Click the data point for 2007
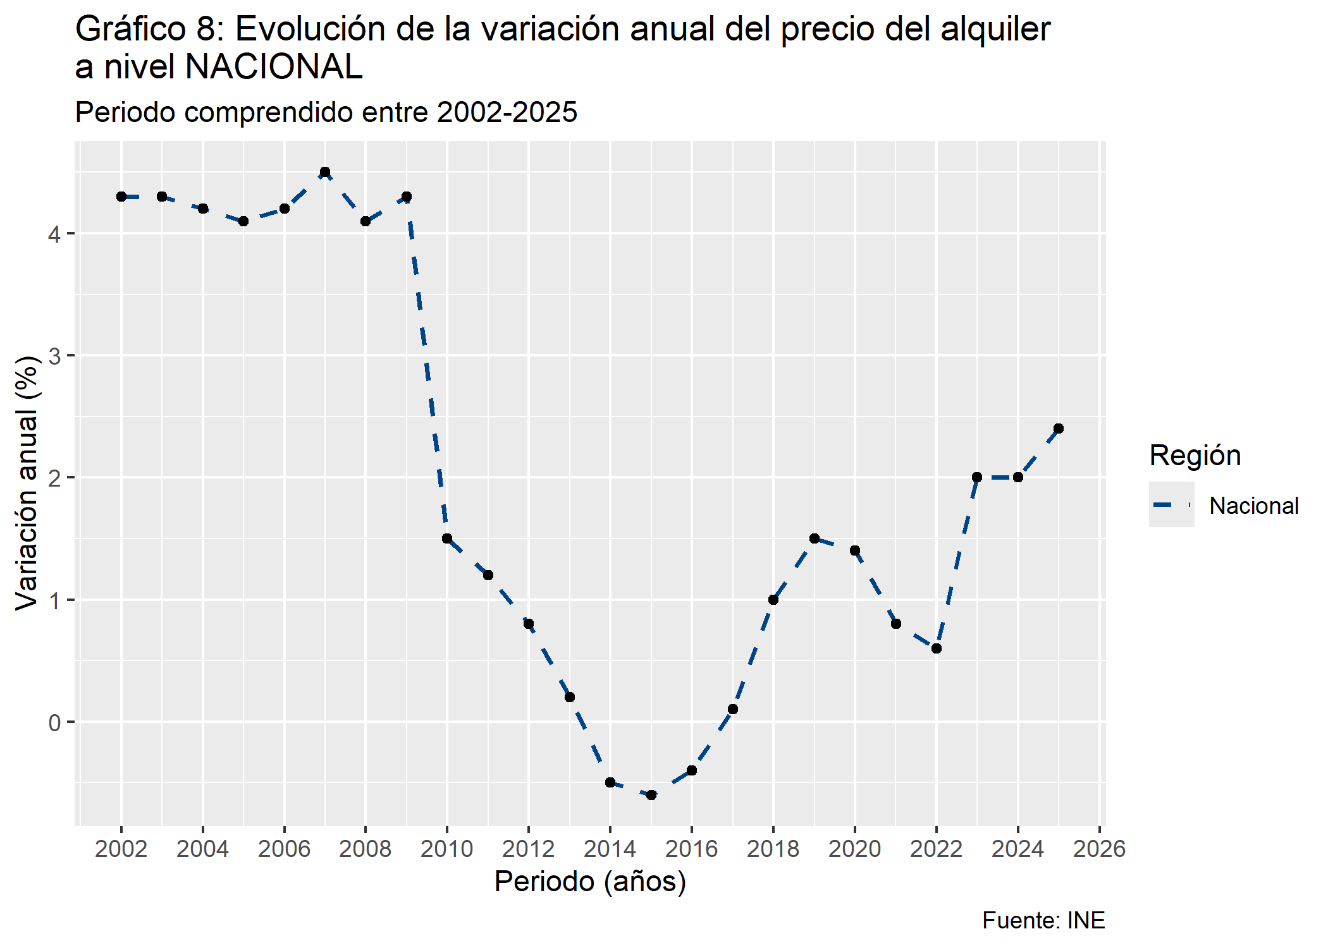pyautogui.click(x=325, y=173)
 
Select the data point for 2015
pyautogui.click(x=651, y=795)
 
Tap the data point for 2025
pyautogui.click(x=1059, y=428)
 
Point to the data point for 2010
pyautogui.click(x=447, y=538)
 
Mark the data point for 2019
pyautogui.click(x=815, y=538)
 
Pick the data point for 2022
pyautogui.click(x=937, y=648)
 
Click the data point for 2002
pyautogui.click(x=121, y=197)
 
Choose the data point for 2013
pyautogui.click(x=570, y=697)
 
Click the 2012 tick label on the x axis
pyautogui.click(x=529, y=849)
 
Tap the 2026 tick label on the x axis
pyautogui.click(x=1100, y=849)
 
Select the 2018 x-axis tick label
pyautogui.click(x=773, y=849)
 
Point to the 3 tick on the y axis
pyautogui.click(x=55, y=356)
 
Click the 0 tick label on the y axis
pyautogui.click(x=55, y=722)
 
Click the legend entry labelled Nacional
pyautogui.click(x=1253, y=506)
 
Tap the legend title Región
pyautogui.click(x=1195, y=456)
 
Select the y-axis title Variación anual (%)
pyautogui.click(x=27, y=483)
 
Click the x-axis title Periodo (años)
pyautogui.click(x=590, y=882)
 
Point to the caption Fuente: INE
pyautogui.click(x=1043, y=921)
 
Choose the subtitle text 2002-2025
pyautogui.click(x=507, y=112)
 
